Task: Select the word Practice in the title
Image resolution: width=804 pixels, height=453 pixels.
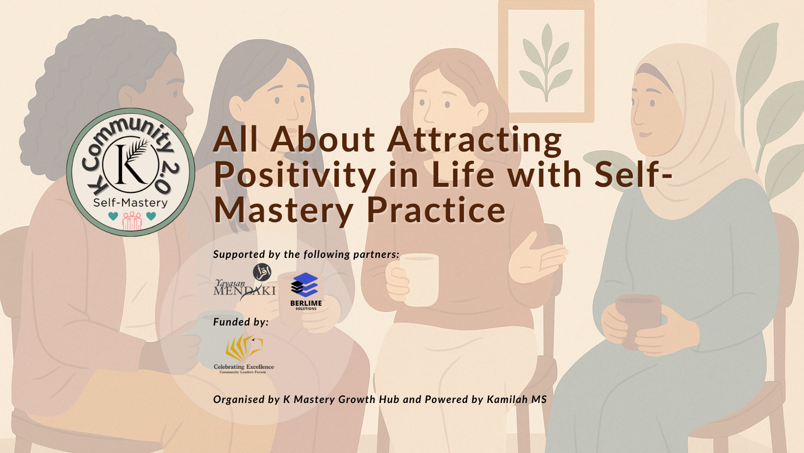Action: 436,210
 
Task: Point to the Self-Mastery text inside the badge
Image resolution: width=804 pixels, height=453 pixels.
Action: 130,203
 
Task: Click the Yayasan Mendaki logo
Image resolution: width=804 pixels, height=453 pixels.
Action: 245,282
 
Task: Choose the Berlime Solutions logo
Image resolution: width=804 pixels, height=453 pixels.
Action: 306,291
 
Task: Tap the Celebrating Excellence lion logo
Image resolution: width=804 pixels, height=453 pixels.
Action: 244,353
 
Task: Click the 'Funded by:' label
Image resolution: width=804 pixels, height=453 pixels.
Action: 241,322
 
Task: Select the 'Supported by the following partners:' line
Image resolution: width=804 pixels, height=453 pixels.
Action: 306,254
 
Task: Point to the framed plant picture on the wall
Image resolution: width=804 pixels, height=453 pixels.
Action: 546,61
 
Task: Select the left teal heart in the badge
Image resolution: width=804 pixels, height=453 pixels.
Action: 113,216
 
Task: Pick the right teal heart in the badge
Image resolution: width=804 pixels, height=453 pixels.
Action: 151,216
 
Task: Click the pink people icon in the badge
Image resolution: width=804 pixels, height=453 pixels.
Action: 132,221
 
